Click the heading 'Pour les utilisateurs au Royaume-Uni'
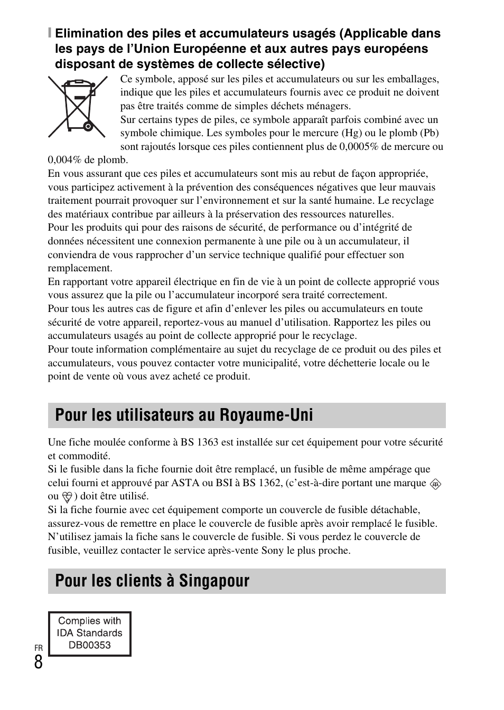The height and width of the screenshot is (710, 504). (x=184, y=415)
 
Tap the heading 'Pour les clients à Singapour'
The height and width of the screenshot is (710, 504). (x=152, y=581)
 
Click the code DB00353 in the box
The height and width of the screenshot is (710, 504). (x=90, y=645)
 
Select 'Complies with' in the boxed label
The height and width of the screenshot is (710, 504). (x=90, y=621)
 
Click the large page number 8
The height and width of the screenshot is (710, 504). (x=39, y=661)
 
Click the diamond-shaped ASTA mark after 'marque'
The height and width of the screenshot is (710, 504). (x=435, y=484)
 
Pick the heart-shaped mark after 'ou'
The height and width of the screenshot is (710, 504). (x=67, y=497)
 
